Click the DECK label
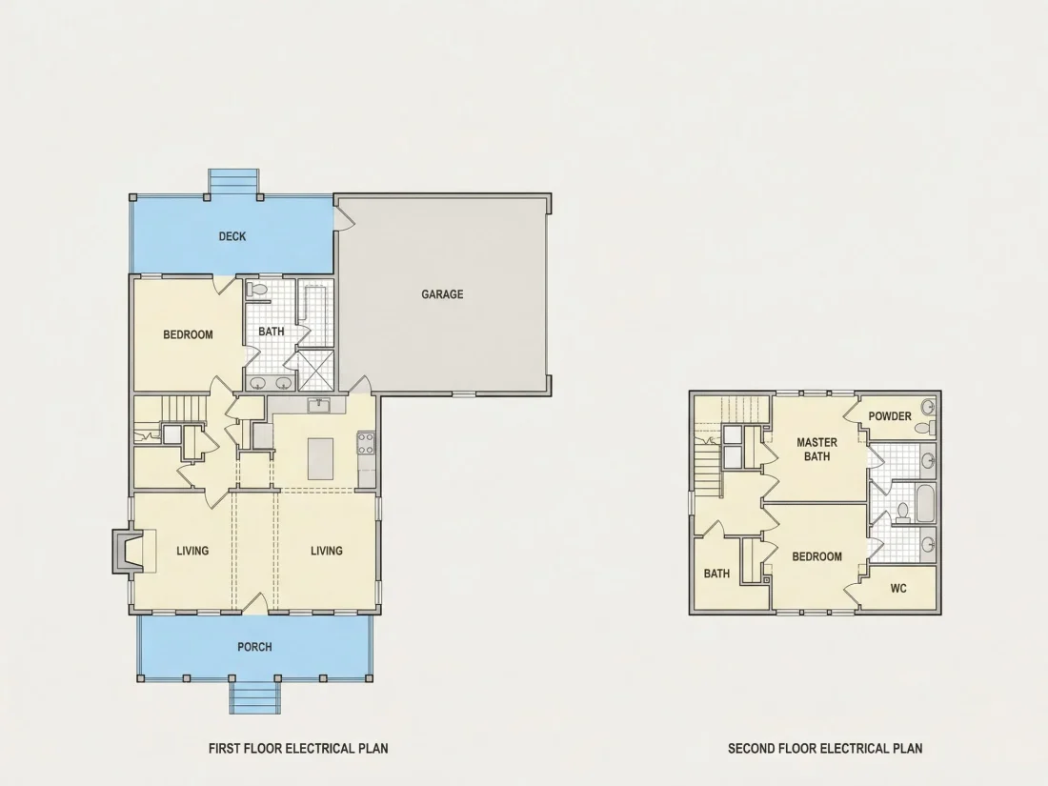[x=232, y=236]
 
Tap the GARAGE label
[x=442, y=294]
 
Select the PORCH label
[x=254, y=647]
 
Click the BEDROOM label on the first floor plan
[x=188, y=334]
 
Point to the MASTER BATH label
[x=816, y=449]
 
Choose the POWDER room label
[x=890, y=415]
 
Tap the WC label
[x=898, y=588]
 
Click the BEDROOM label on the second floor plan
[x=816, y=556]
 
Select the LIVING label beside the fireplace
[x=192, y=551]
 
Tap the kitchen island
[x=320, y=458]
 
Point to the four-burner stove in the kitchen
[x=366, y=442]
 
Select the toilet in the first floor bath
[x=256, y=290]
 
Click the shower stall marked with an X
[x=314, y=370]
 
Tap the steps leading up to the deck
[x=233, y=182]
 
